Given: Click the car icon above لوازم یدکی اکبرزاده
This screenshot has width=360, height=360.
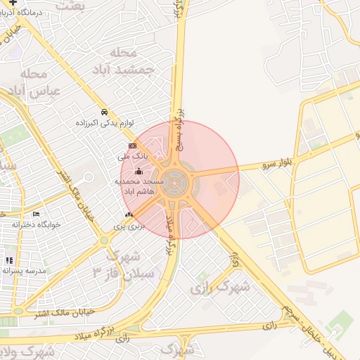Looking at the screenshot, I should coord(104,112).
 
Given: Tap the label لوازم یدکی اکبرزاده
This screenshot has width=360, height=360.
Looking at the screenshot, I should coord(105,123).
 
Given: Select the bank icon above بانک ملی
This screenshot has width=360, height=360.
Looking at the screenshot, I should coord(132,146).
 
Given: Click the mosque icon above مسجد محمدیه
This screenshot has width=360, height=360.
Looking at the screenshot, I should coord(139,171).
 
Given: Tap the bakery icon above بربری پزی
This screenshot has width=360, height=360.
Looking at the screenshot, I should coord(129,214).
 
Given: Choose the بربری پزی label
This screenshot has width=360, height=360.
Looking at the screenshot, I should coord(129,226).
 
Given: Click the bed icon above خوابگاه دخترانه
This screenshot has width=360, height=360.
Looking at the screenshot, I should coord(37,214).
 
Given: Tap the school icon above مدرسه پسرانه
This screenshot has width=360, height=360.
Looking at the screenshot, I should coord(8,260).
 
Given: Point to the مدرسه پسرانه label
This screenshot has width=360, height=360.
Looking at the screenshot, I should coord(25,271).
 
